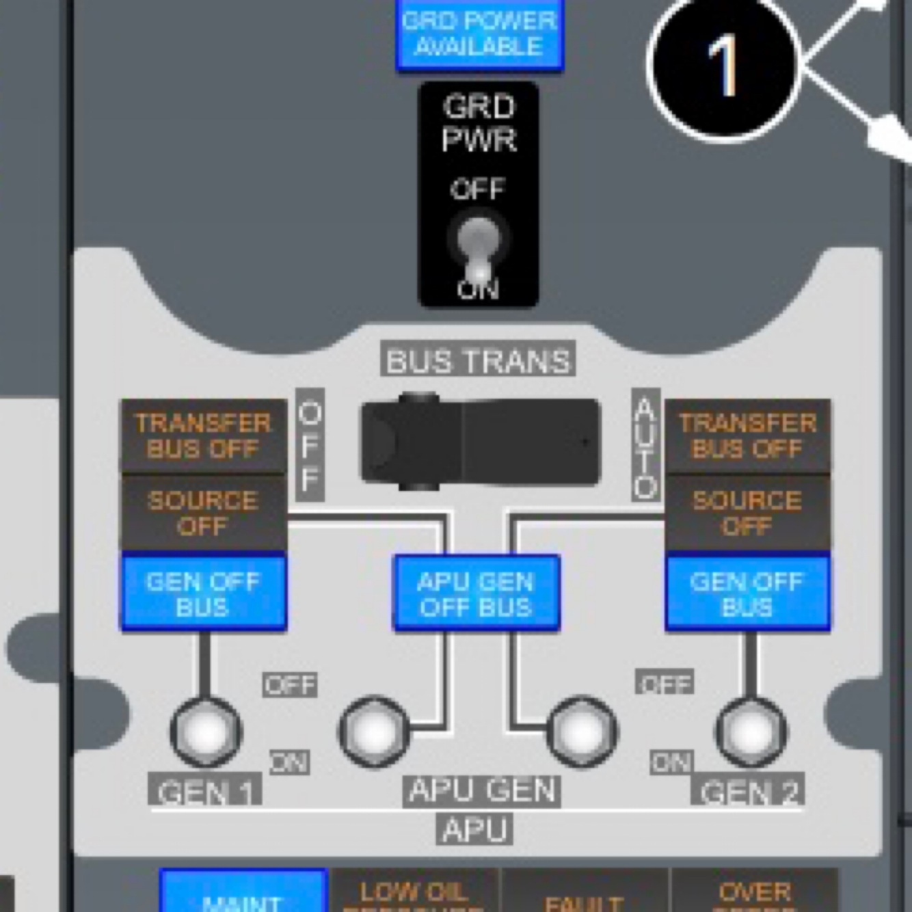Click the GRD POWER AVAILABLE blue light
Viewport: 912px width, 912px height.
click(x=479, y=34)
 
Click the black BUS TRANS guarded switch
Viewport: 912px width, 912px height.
click(x=480, y=442)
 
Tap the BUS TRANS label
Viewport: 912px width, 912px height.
click(x=478, y=360)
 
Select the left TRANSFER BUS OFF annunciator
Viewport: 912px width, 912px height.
click(x=203, y=435)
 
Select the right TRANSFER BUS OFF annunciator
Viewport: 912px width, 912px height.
click(x=747, y=435)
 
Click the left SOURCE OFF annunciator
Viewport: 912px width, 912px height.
click(x=203, y=513)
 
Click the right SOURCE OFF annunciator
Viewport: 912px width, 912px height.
click(x=747, y=513)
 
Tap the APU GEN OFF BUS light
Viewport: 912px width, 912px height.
click(x=477, y=593)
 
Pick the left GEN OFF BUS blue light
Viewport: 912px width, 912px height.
click(x=203, y=593)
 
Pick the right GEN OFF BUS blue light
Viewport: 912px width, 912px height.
click(x=747, y=593)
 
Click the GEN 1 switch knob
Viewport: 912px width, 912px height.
click(x=206, y=732)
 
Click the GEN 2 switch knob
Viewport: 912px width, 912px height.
click(x=751, y=732)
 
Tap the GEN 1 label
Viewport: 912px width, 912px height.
click(x=205, y=792)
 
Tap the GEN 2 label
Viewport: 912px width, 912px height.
click(x=749, y=792)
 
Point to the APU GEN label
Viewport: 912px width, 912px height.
click(x=481, y=790)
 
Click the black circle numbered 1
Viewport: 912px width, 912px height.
click(x=724, y=65)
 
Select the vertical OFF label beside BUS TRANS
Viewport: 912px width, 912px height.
click(x=310, y=446)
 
